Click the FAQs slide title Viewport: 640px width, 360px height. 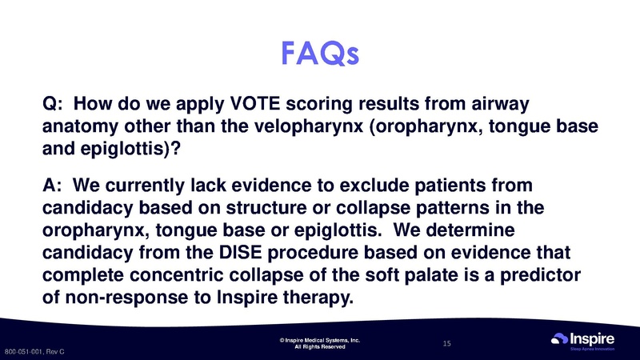[320, 54]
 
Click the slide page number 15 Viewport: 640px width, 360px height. [447, 343]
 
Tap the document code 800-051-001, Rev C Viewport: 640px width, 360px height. [34, 352]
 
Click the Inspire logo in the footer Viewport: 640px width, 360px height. [584, 338]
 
